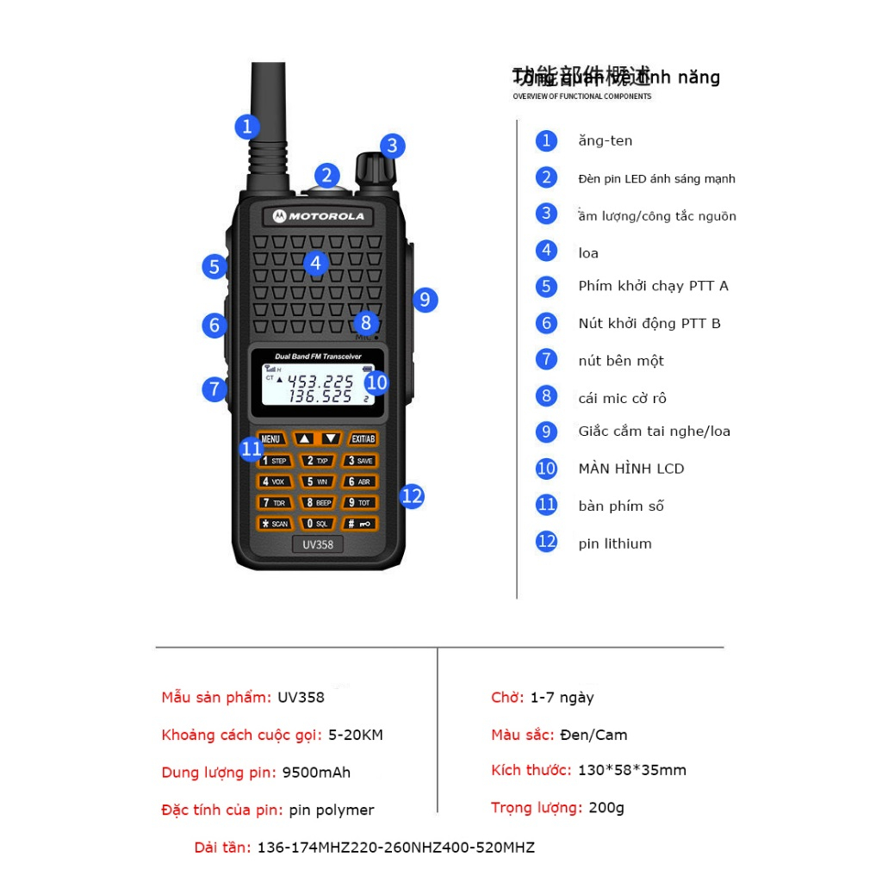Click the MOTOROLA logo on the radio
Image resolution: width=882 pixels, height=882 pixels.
[x=319, y=215]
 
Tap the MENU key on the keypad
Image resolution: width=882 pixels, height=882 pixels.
[x=270, y=438]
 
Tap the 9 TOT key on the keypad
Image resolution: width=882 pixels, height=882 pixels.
[x=359, y=502]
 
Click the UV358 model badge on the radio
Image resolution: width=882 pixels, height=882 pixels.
[x=318, y=544]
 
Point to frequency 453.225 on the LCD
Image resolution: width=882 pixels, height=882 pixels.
[x=320, y=381]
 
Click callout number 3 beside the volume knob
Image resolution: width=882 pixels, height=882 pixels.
[x=392, y=146]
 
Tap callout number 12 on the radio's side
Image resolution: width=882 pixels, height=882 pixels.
[x=413, y=496]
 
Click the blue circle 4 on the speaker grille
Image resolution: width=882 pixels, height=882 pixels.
[x=316, y=263]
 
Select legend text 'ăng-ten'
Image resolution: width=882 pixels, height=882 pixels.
[x=605, y=141]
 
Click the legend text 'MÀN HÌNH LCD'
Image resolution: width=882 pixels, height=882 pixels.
[x=630, y=469]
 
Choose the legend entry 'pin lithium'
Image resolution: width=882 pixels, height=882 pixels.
[x=614, y=543]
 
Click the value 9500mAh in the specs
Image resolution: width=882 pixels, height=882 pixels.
[x=316, y=773]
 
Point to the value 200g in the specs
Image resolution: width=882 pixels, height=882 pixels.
[x=606, y=808]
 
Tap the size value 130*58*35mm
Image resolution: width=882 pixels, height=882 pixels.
[x=631, y=771]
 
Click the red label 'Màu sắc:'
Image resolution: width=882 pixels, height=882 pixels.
[x=523, y=735]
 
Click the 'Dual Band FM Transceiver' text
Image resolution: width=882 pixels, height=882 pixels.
[x=318, y=356]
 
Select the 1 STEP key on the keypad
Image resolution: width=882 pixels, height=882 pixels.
[x=275, y=461]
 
